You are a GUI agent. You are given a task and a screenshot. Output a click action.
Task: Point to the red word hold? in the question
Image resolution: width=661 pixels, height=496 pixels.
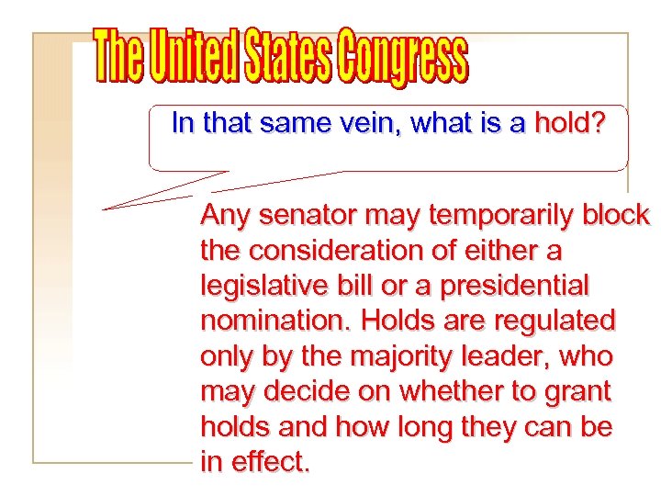569,124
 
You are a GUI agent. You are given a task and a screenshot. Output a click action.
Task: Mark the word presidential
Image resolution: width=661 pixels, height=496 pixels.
513,286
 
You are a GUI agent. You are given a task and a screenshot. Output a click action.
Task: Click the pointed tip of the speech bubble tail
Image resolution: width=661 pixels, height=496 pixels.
103,209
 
